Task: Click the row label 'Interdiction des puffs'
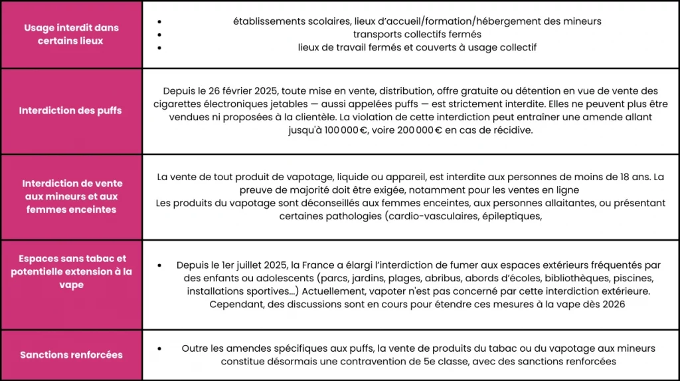70,110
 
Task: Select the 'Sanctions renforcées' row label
71,354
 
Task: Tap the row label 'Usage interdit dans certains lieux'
70,34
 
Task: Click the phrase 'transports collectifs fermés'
417,34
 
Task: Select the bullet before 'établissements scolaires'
159,21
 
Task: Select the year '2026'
612,305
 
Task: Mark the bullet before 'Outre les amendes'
159,348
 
